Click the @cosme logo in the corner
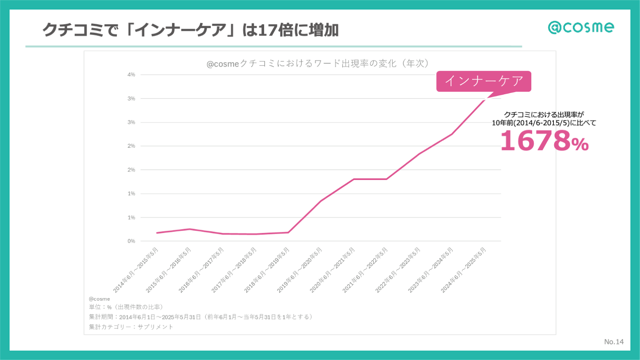click(x=581, y=28)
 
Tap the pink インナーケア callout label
click(x=483, y=81)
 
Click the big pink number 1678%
click(x=544, y=141)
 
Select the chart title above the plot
click(x=318, y=64)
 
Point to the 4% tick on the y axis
click(x=131, y=75)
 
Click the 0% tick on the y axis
click(x=131, y=241)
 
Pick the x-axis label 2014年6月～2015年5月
click(x=136, y=270)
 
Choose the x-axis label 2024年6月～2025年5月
click(x=463, y=270)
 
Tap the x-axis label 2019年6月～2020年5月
click(x=300, y=270)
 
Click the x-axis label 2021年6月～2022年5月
click(x=365, y=270)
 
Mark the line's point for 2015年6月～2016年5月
click(x=190, y=229)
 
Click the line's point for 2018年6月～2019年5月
click(x=288, y=232)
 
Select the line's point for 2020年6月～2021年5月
click(x=354, y=179)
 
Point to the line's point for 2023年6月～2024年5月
click(x=452, y=134)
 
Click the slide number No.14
click(x=614, y=342)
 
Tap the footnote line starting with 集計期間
click(x=201, y=317)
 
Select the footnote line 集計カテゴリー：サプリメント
click(x=131, y=327)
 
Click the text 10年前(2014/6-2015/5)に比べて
click(x=544, y=123)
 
